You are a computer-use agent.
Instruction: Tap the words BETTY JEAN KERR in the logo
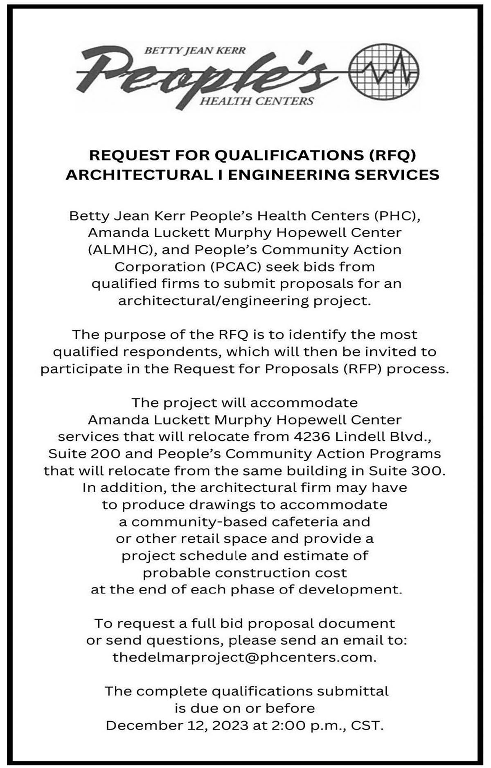[x=196, y=51]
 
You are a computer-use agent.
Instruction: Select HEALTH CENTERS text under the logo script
[x=256, y=100]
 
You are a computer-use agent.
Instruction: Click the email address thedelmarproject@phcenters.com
[x=244, y=657]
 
